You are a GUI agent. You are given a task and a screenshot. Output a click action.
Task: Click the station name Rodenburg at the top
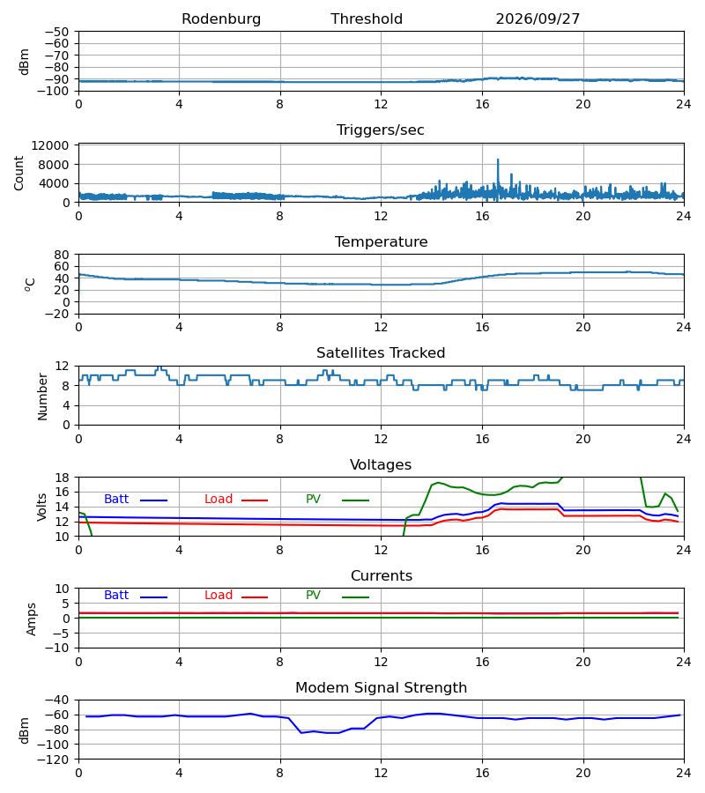(221, 19)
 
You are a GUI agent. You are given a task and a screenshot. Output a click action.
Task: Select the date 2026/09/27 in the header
(538, 19)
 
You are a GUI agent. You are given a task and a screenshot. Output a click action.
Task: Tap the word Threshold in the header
(367, 19)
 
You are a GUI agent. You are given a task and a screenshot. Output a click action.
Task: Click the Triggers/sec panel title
(381, 130)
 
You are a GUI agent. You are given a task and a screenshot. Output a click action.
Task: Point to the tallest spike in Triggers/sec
(498, 160)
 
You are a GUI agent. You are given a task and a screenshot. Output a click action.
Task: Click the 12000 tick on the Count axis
(50, 145)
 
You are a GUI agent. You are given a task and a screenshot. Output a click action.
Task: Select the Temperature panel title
(382, 241)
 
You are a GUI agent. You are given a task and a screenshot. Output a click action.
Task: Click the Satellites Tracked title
(381, 353)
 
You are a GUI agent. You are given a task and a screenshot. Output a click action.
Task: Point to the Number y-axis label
(42, 396)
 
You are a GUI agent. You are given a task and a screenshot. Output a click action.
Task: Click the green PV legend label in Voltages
(313, 500)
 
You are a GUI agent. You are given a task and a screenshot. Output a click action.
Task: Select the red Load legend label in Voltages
(219, 500)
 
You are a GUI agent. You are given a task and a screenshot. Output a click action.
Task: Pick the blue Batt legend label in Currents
(116, 596)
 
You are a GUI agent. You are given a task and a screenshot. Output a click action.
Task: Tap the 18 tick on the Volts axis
(63, 478)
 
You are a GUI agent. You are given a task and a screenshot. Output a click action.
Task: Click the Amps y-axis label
(32, 619)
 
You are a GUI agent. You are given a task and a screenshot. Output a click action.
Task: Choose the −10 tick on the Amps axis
(57, 648)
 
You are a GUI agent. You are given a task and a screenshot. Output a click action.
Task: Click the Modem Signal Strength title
(382, 688)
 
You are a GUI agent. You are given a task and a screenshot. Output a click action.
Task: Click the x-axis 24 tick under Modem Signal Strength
(683, 774)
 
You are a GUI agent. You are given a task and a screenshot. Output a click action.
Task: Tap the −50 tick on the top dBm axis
(57, 32)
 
